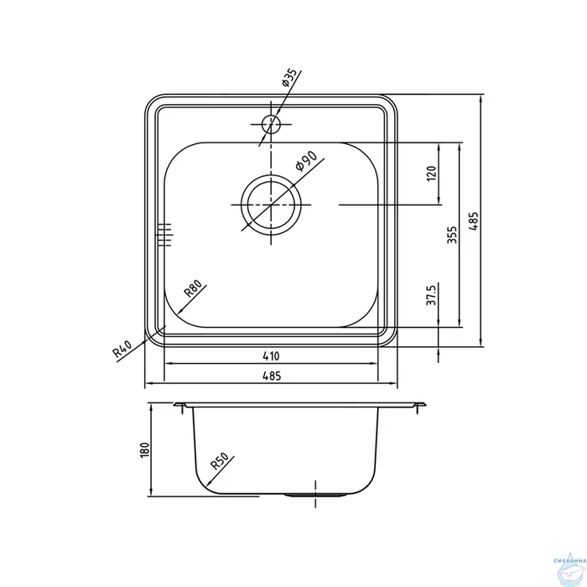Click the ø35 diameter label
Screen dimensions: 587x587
pyautogui.click(x=289, y=79)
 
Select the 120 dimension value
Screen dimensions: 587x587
pyautogui.click(x=432, y=174)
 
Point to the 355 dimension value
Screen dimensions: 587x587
pyautogui.click(x=452, y=234)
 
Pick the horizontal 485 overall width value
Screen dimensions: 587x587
pyautogui.click(x=270, y=377)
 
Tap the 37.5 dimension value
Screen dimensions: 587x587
pyautogui.click(x=432, y=296)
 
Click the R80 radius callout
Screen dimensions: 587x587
pyautogui.click(x=194, y=292)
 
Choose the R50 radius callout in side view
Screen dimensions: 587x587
pyautogui.click(x=220, y=462)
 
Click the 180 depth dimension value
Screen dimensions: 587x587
pyautogui.click(x=143, y=449)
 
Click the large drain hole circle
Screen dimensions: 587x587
pyautogui.click(x=271, y=205)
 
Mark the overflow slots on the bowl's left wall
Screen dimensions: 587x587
pyautogui.click(x=164, y=235)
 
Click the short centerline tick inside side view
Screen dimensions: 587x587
pyautogui.click(x=314, y=486)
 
